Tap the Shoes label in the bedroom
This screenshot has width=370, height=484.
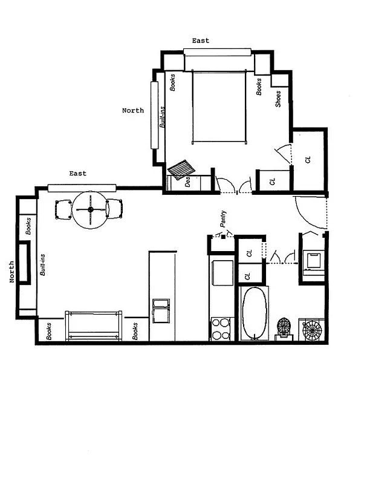[278, 99]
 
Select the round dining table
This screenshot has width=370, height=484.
[91, 209]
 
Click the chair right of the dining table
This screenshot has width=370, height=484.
[114, 209]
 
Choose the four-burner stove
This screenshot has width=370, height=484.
[221, 329]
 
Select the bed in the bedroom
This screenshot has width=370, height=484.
[219, 106]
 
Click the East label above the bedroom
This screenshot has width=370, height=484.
[201, 41]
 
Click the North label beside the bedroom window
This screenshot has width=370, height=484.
[133, 111]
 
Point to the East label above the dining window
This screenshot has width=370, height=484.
[77, 174]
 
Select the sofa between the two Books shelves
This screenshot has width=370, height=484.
[94, 326]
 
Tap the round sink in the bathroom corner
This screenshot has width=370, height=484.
[313, 330]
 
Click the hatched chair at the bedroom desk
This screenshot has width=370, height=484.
[180, 170]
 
